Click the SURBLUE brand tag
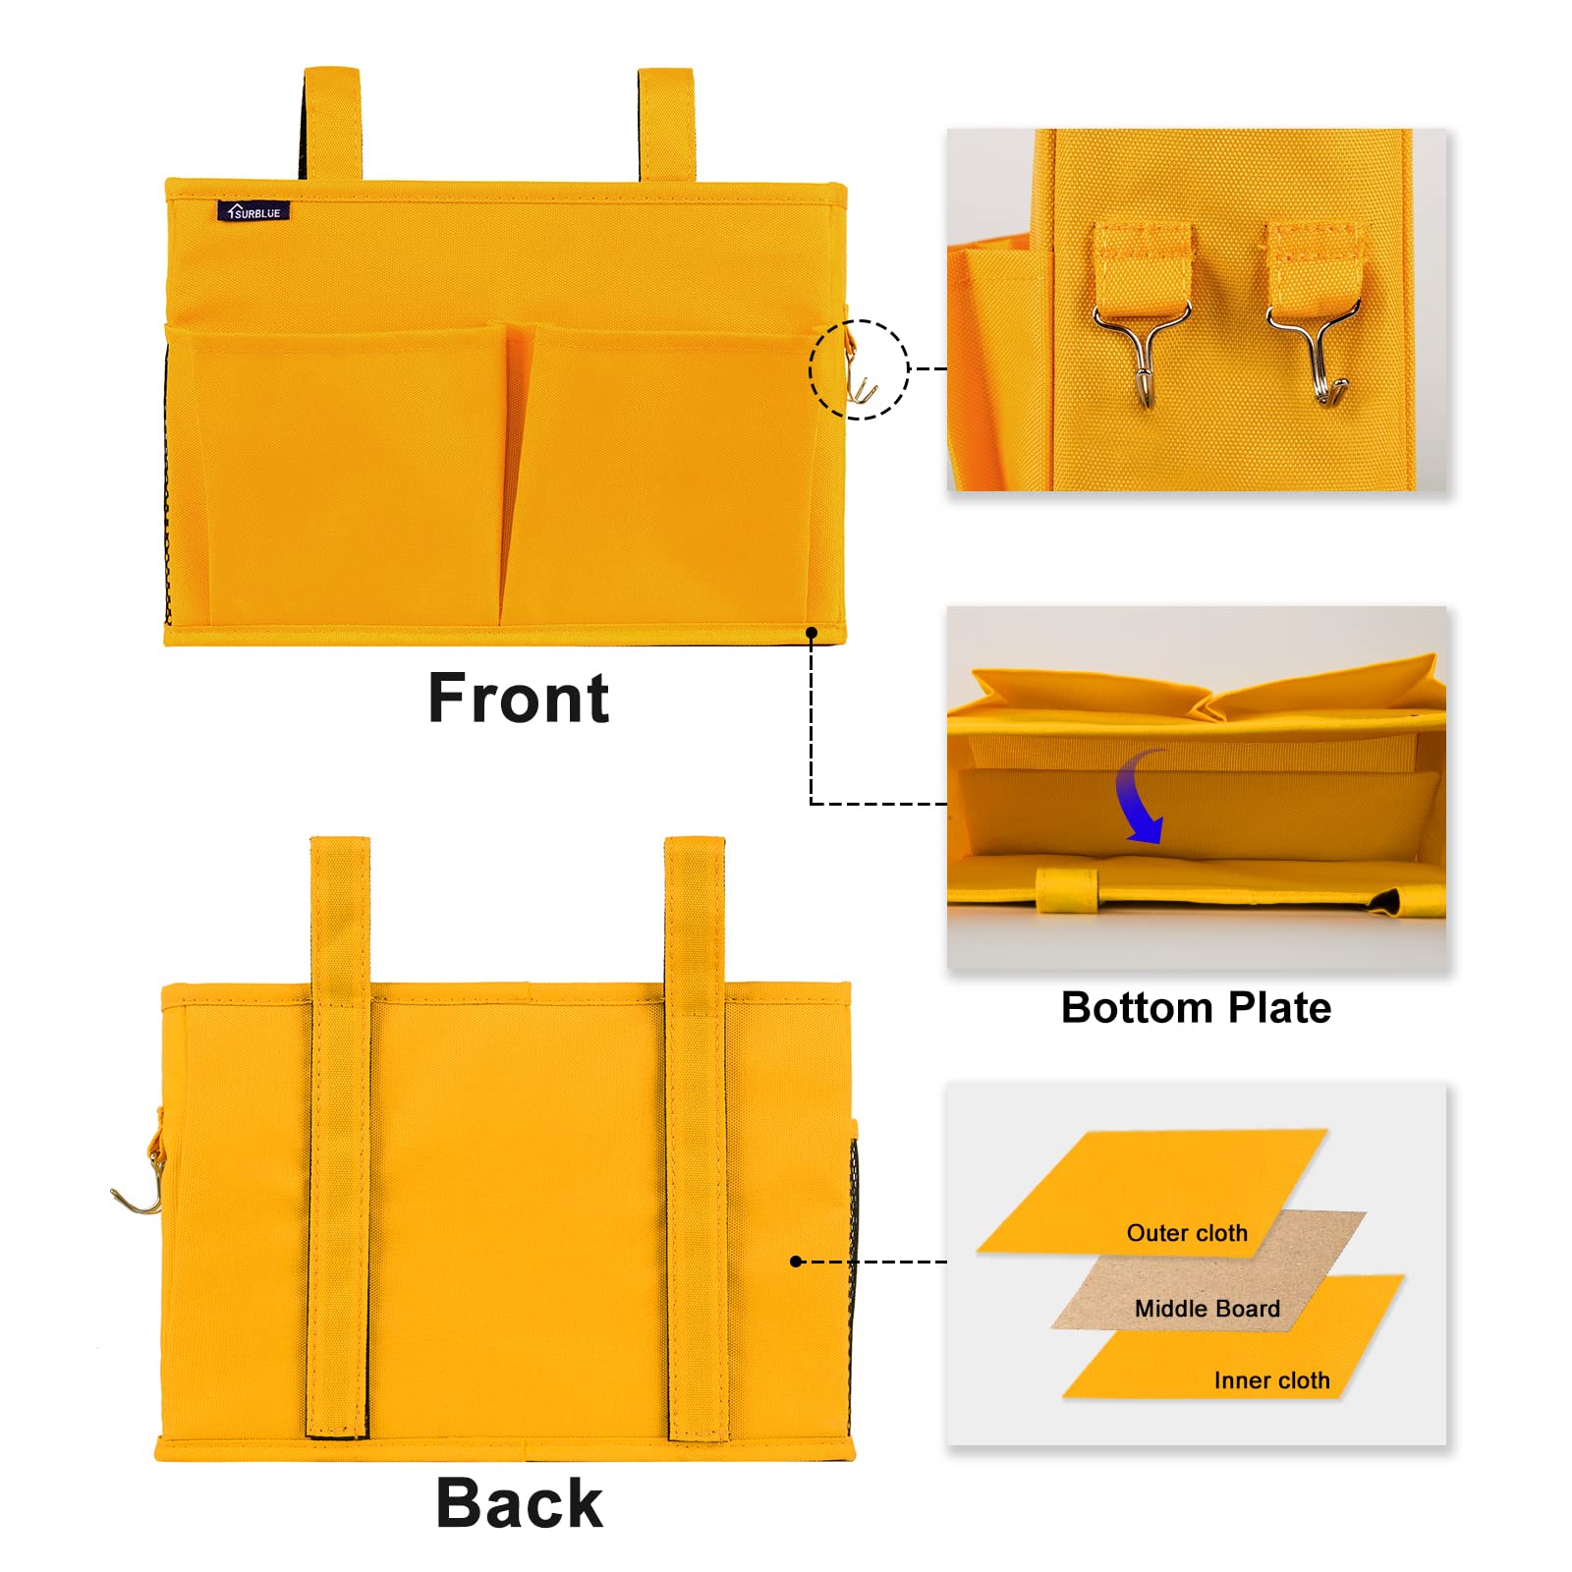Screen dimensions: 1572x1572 tap(253, 211)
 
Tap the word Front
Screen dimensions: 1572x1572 tap(519, 699)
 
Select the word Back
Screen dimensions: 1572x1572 tap(519, 1503)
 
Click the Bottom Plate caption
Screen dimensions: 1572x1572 tap(1196, 1008)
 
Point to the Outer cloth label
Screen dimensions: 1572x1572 tap(1187, 1233)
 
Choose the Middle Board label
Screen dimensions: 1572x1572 tap(1207, 1309)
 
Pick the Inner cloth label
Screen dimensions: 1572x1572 tap(1272, 1380)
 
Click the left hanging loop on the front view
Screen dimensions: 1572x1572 tap(331, 124)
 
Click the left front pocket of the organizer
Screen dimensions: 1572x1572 tap(339, 476)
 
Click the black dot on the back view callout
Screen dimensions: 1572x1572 tap(796, 1262)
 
